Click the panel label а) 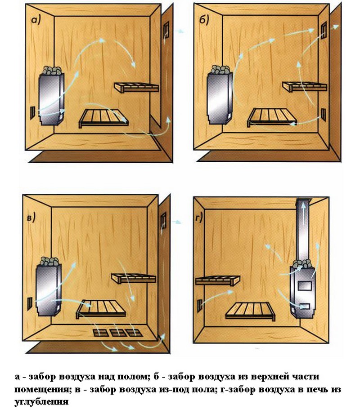36,20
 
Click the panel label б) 204,20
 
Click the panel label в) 31,218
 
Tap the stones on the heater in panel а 52,71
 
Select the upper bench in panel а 136,87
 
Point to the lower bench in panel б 272,117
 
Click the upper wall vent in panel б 324,30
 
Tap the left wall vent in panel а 32,112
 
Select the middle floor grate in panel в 118,333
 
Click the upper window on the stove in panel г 305,286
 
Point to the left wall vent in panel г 200,306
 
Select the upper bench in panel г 217,280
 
